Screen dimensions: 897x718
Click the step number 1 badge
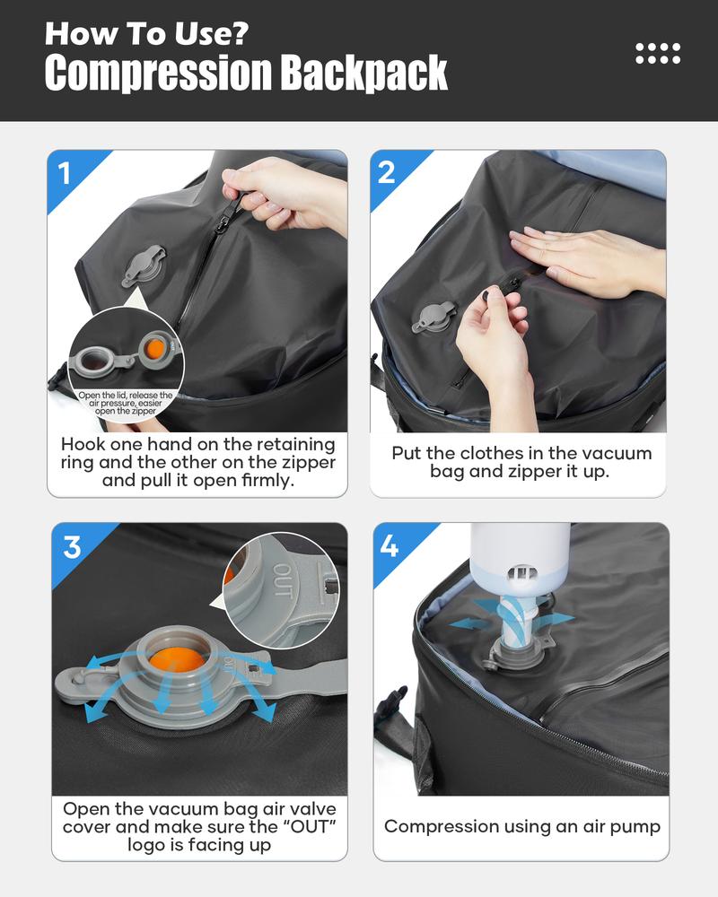[x=65, y=173]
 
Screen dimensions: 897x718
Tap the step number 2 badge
[x=387, y=172]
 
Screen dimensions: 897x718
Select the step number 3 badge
[x=71, y=546]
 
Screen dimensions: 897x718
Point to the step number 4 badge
[x=390, y=545]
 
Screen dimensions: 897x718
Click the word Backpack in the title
[x=363, y=73]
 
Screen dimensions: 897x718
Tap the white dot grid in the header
[x=658, y=53]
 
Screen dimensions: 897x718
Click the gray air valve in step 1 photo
[x=144, y=266]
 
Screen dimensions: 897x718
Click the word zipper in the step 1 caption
[x=307, y=463]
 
